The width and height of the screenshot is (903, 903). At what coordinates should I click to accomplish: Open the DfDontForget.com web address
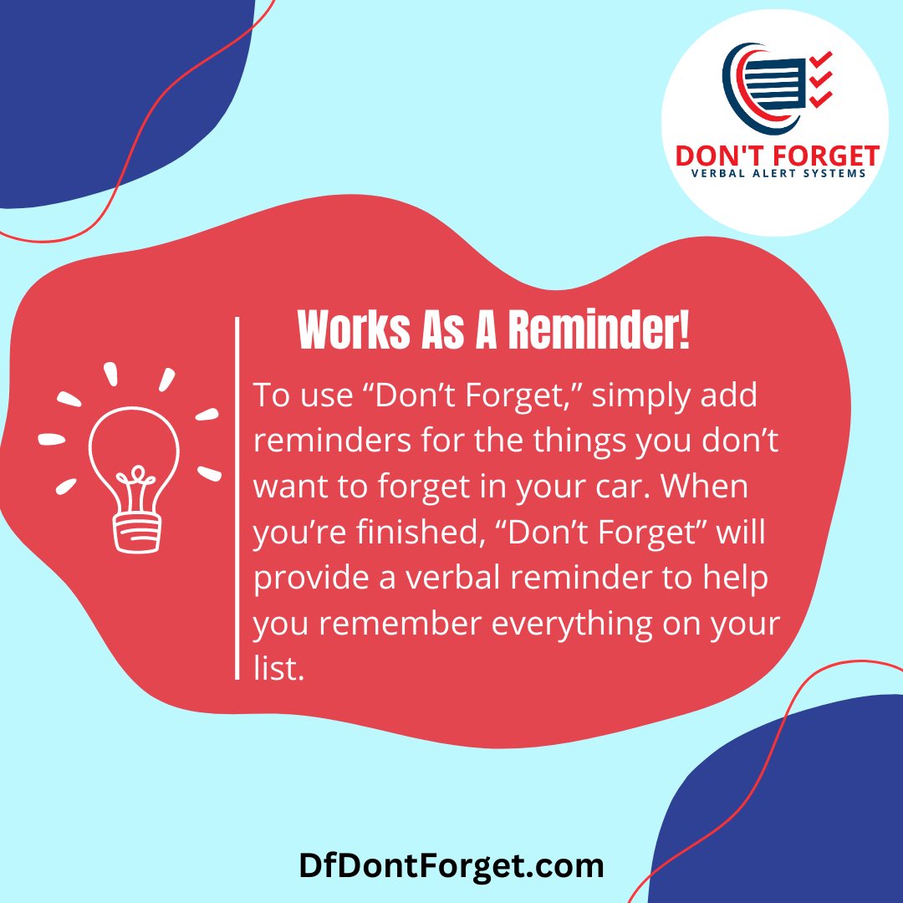point(451,865)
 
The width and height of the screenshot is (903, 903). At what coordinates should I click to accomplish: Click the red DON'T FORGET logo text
point(778,156)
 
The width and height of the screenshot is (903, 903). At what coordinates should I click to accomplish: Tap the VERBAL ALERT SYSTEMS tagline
point(778,174)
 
